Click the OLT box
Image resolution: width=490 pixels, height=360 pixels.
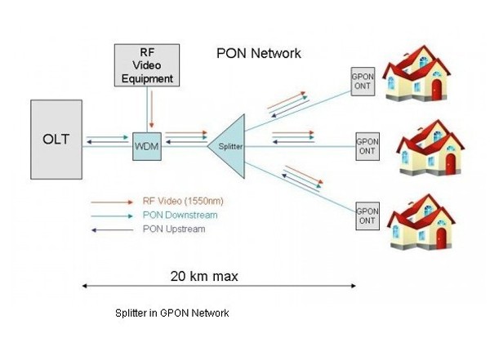(56, 139)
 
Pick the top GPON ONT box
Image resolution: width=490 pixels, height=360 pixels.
(363, 80)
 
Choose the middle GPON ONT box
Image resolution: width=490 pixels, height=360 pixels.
(367, 146)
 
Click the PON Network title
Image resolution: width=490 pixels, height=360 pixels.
(259, 53)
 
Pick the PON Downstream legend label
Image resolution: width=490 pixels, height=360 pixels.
(172, 215)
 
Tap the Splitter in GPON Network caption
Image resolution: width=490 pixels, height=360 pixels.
(171, 313)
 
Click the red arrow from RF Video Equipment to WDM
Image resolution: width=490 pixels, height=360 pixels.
(150, 108)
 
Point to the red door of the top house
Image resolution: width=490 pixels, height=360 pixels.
(437, 88)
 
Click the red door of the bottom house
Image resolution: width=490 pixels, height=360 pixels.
(442, 238)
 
